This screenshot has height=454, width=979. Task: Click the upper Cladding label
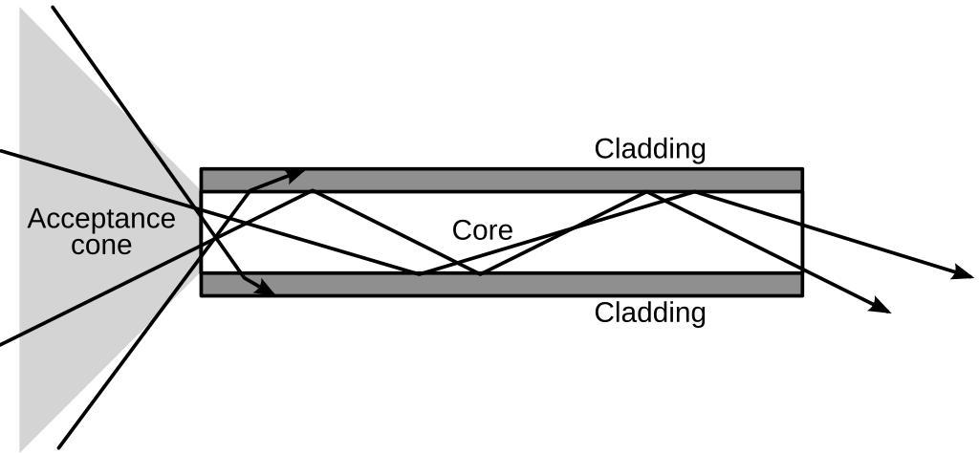(x=650, y=149)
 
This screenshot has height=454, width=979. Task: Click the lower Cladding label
(x=650, y=313)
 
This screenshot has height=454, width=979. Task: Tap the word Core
(x=482, y=231)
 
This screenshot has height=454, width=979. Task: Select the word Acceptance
(x=101, y=220)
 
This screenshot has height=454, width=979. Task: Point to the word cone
(x=101, y=246)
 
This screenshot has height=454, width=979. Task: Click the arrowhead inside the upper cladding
(x=298, y=173)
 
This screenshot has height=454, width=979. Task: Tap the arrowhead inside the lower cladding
(x=267, y=288)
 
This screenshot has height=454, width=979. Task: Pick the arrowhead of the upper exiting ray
(x=965, y=273)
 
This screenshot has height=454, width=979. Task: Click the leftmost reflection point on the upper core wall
(x=313, y=192)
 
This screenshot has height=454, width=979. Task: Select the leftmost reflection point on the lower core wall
(x=419, y=274)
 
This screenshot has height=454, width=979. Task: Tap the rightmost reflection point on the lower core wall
(x=480, y=274)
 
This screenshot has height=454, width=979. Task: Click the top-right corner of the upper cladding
(x=802, y=169)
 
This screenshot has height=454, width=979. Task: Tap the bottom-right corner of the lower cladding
(x=802, y=295)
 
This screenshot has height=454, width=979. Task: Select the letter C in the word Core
(x=460, y=231)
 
